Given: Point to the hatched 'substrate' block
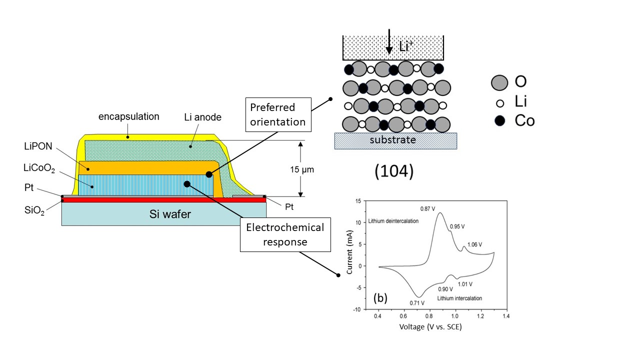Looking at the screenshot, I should point(395,140).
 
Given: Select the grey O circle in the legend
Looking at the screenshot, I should point(500,82).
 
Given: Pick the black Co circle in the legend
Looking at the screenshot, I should point(500,120).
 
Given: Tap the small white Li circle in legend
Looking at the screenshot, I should point(500,102).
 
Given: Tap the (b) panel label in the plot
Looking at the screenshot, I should point(380,298).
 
